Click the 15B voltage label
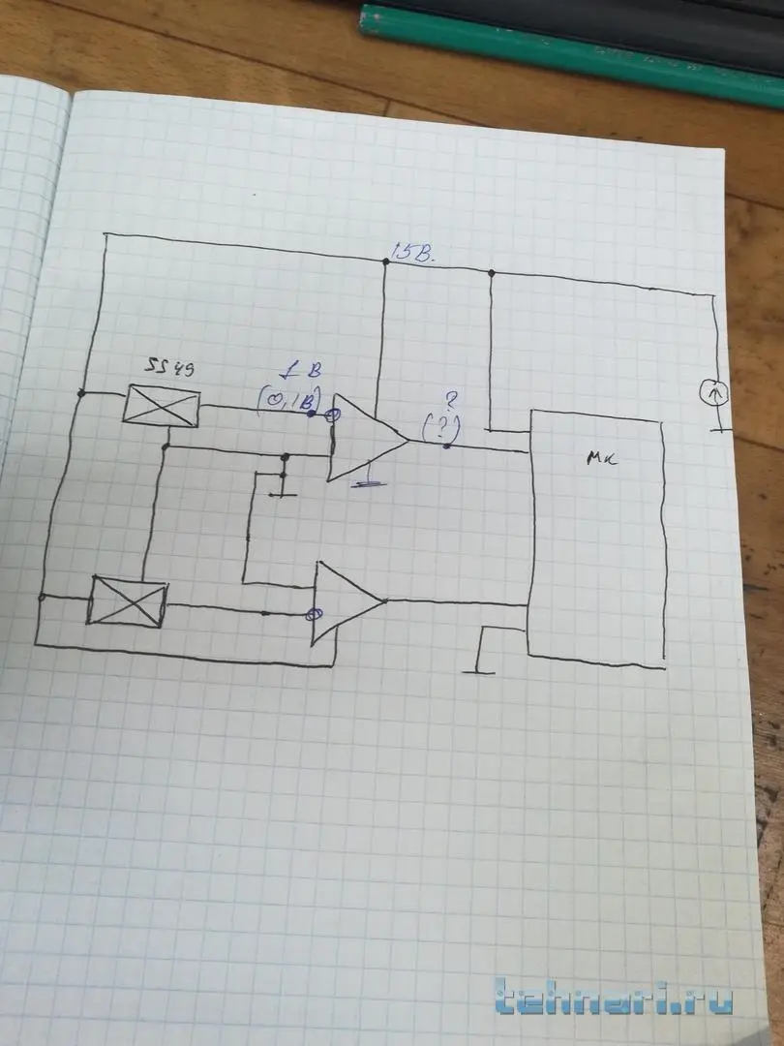pos(413,256)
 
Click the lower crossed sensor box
pos(128,600)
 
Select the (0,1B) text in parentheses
pos(287,396)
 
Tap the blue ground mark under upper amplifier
pos(364,483)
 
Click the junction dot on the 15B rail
pos(385,261)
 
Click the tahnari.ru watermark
pos(613,1000)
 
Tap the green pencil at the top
pos(571,44)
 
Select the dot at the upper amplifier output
pos(446,446)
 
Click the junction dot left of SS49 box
pos(80,393)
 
